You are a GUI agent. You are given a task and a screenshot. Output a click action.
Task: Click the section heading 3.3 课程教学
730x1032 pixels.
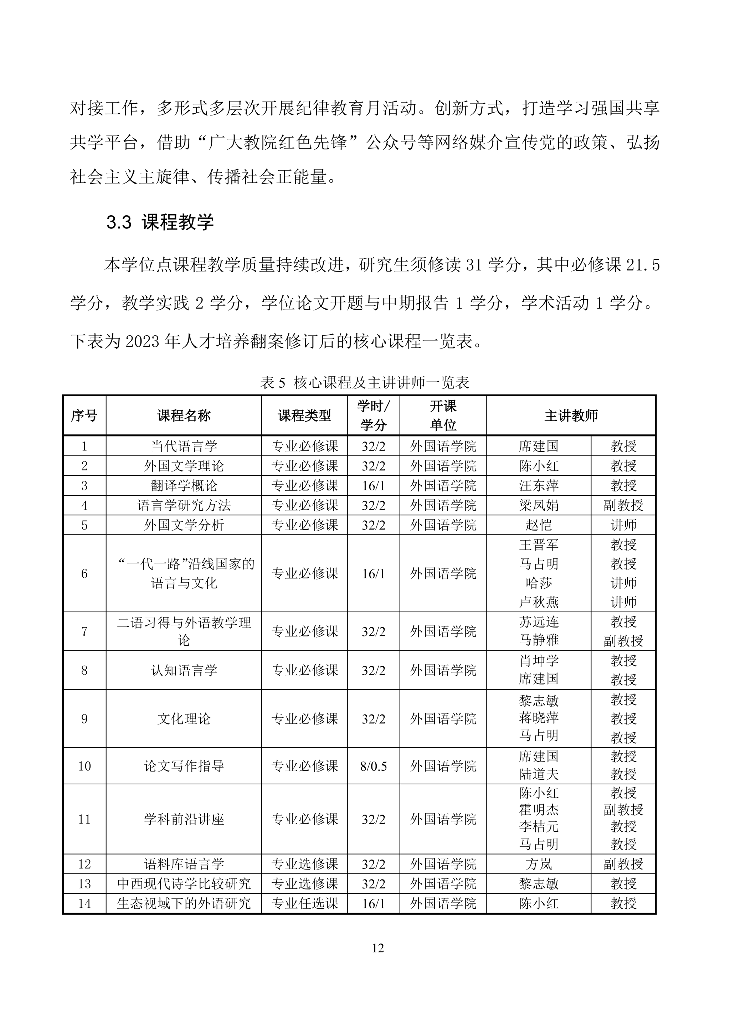coord(160,222)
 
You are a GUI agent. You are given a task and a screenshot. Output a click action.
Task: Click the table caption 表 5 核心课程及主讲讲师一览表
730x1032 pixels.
coord(365,382)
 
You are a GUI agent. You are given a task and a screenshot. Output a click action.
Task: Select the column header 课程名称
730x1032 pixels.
coord(184,416)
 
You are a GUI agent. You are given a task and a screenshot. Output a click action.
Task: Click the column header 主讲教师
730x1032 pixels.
coord(571,416)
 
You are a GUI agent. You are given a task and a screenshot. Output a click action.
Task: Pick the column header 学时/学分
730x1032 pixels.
coord(374,416)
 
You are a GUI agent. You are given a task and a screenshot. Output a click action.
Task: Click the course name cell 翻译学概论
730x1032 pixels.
coord(184,486)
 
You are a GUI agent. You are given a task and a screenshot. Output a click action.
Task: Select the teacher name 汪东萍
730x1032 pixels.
coord(539,486)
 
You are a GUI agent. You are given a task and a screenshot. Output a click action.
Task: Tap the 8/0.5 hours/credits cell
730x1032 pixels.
coord(374,767)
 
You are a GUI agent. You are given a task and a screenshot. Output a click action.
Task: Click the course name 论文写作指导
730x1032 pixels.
coord(184,767)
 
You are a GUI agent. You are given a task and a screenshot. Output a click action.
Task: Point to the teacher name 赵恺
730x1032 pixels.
coord(539,525)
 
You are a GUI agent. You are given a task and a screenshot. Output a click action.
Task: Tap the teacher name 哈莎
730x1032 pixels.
coord(539,583)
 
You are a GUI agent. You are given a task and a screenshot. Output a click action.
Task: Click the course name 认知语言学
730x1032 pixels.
coord(184,671)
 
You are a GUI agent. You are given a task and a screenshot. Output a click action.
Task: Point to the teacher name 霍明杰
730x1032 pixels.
coord(539,810)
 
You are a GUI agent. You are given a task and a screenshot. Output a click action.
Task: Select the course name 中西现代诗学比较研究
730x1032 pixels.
coord(184,884)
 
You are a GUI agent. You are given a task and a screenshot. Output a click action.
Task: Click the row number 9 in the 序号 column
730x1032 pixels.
coord(84,719)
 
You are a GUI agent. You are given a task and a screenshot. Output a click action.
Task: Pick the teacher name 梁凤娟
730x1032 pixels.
coord(539,506)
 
